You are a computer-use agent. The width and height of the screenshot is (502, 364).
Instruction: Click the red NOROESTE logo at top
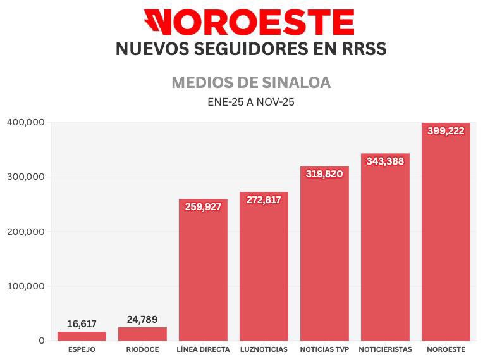pyautogui.click(x=248, y=22)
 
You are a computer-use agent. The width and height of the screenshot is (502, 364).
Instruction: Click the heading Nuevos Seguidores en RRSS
pyautogui.click(x=251, y=49)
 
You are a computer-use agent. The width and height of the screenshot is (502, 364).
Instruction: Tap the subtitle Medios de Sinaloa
pyautogui.click(x=251, y=83)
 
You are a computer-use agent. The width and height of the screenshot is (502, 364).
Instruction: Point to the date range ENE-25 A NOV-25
pyautogui.click(x=251, y=101)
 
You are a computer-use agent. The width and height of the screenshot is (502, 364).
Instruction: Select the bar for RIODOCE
pyautogui.click(x=142, y=334)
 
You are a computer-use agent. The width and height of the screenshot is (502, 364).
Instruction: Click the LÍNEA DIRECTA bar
pyautogui.click(x=203, y=272)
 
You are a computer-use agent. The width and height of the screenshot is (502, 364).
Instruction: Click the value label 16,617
pyautogui.click(x=82, y=324)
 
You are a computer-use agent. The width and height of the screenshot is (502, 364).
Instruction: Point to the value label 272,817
pyautogui.click(x=264, y=199)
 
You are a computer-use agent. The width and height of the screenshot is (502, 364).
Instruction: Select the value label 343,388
pyautogui.click(x=385, y=161)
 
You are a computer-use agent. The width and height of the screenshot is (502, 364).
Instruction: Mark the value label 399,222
pyautogui.click(x=446, y=131)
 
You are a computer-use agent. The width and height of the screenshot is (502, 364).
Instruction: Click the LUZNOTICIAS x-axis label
pyautogui.click(x=264, y=349)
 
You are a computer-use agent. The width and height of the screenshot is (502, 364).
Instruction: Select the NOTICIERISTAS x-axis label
pyautogui.click(x=385, y=349)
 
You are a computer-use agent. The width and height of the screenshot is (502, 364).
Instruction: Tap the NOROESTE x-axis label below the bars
pyautogui.click(x=446, y=349)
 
